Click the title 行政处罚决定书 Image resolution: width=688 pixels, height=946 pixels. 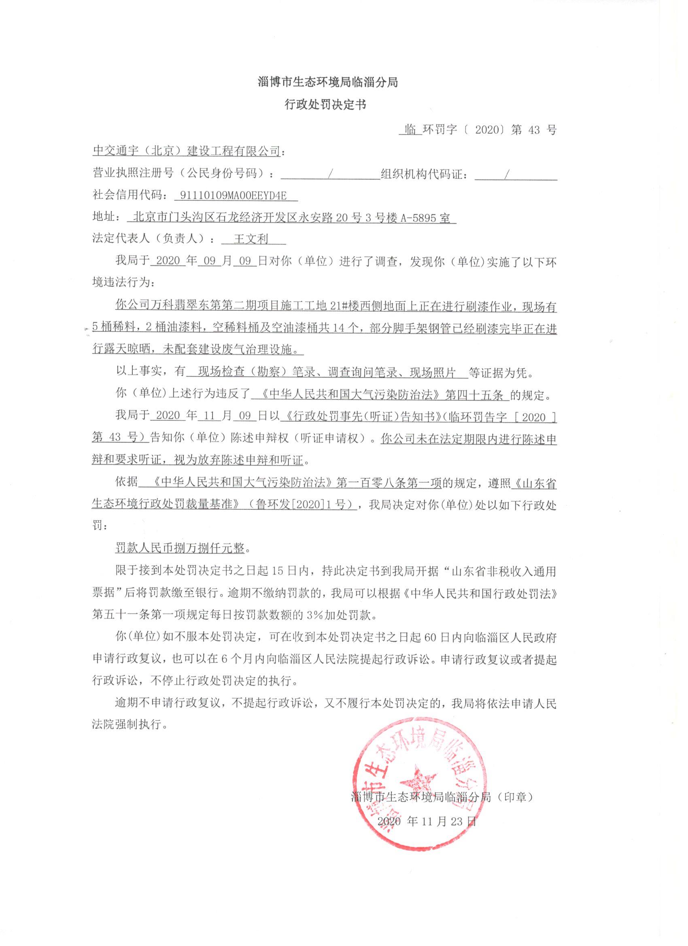pos(325,104)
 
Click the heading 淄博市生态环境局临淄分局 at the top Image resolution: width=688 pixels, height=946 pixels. pos(328,82)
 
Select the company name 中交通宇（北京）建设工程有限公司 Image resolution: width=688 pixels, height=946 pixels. pos(186,151)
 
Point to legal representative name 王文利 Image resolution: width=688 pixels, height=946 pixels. pos(251,239)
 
